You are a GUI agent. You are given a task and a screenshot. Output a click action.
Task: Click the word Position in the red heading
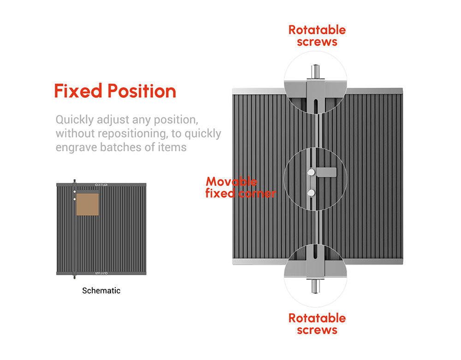click(142, 91)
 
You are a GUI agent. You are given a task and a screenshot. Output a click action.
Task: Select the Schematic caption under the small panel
click(101, 291)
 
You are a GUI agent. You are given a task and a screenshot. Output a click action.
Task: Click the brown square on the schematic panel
click(88, 204)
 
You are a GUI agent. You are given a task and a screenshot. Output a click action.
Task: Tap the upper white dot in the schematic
click(75, 192)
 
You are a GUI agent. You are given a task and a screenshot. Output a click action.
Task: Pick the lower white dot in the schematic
click(75, 199)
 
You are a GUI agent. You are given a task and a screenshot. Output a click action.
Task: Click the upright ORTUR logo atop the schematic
click(101, 185)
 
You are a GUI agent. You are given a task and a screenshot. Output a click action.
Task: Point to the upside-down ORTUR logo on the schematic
click(101, 273)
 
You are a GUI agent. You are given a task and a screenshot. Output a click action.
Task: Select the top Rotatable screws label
click(317, 36)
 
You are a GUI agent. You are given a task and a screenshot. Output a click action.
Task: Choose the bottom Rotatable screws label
click(317, 324)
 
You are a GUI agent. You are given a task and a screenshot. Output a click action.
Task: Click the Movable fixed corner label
click(241, 188)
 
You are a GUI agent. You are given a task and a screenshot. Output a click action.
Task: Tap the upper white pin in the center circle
click(311, 172)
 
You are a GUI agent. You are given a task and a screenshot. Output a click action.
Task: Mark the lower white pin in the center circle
click(311, 193)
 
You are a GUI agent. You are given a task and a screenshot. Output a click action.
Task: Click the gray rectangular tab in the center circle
click(326, 172)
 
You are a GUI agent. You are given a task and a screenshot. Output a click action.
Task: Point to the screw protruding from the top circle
click(315, 71)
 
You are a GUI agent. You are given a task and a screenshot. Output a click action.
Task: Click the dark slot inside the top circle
click(315, 106)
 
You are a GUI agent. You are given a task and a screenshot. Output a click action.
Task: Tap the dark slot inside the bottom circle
click(315, 252)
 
